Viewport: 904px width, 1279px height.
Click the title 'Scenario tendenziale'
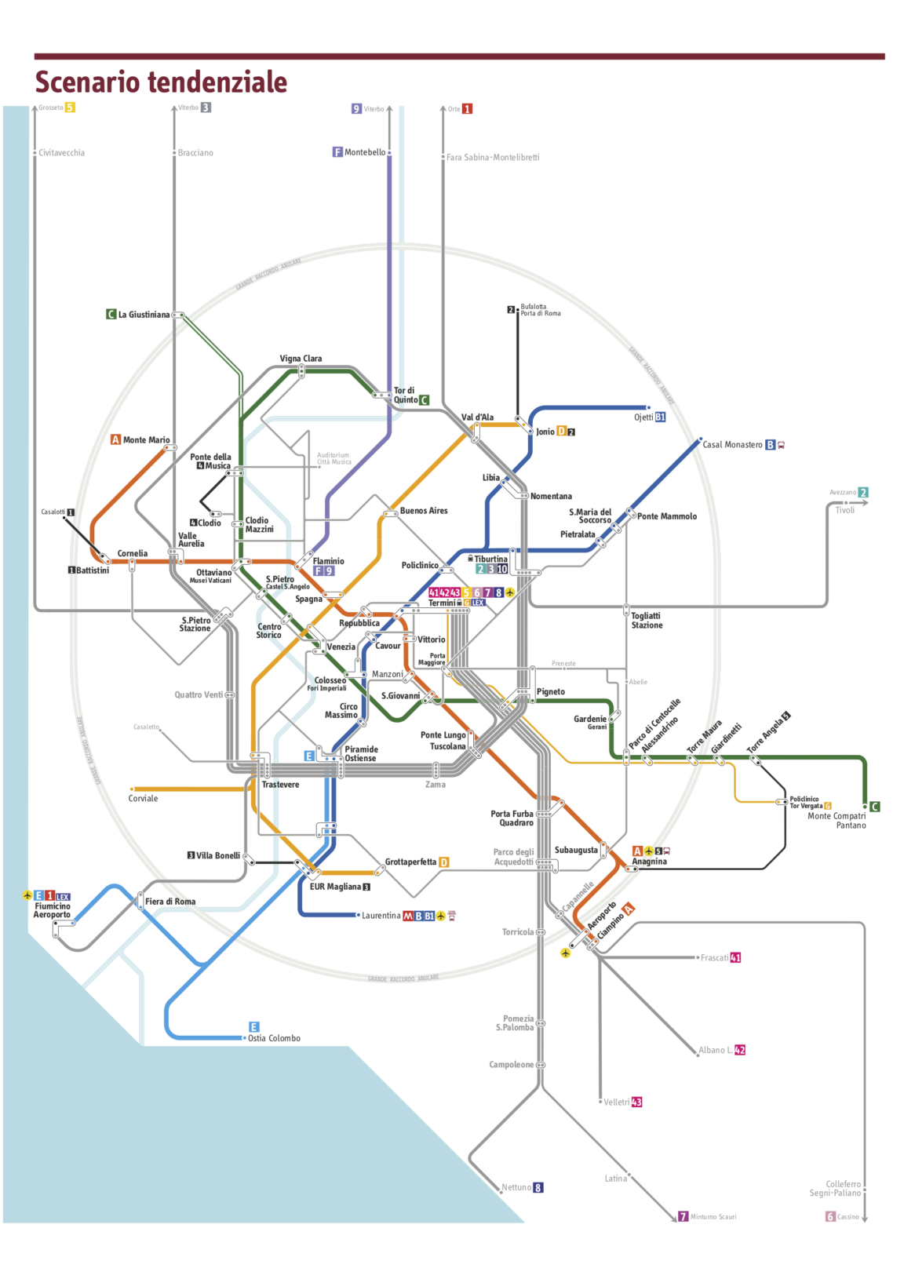(x=161, y=82)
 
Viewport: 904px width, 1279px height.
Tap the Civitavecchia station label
(x=61, y=153)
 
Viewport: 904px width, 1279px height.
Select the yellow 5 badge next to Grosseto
(x=70, y=107)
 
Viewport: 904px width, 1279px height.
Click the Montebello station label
(x=365, y=152)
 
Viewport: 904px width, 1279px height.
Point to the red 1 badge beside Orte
(x=467, y=109)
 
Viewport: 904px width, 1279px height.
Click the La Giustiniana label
(x=144, y=315)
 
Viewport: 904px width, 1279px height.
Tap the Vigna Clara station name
(x=301, y=359)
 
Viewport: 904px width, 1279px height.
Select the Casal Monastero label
(x=732, y=445)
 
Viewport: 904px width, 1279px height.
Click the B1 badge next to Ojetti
(x=660, y=417)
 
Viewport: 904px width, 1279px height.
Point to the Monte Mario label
(x=146, y=440)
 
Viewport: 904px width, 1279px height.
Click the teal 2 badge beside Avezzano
(x=863, y=493)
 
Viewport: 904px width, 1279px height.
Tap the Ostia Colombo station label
(x=274, y=1038)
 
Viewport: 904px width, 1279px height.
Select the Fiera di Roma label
(x=170, y=902)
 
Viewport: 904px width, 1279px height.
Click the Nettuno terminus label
(x=516, y=1187)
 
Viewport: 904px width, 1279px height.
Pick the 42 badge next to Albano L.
(x=740, y=1050)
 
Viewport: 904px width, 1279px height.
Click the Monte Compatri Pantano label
(x=837, y=821)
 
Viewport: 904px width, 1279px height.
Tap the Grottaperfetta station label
(x=410, y=862)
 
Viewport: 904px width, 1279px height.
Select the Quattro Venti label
(x=199, y=694)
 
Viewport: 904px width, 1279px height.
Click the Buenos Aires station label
(x=424, y=511)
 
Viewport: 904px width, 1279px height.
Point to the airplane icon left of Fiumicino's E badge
(x=27, y=895)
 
